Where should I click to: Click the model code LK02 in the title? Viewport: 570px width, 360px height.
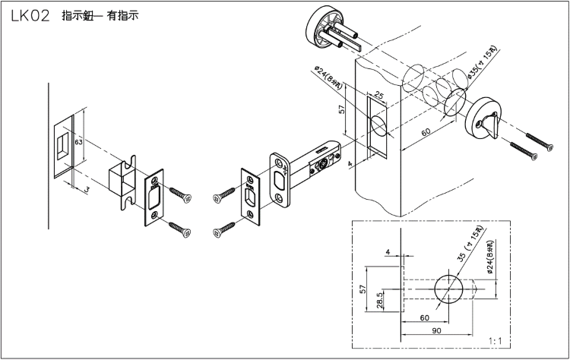coord(30,15)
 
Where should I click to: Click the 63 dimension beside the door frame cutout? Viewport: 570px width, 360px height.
coord(79,141)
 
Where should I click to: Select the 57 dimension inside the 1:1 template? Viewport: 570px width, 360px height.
coord(364,289)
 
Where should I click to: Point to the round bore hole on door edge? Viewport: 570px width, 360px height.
coord(381,127)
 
